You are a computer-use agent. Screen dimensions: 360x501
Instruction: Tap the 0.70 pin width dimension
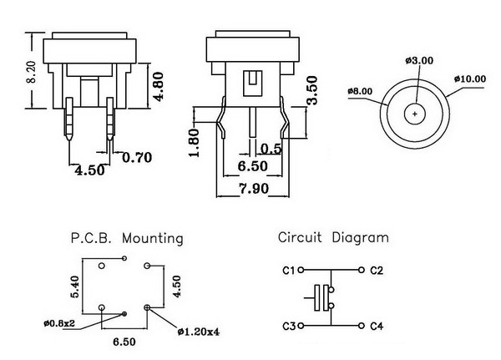[136, 157]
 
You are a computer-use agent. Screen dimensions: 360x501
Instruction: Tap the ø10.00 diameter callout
[469, 79]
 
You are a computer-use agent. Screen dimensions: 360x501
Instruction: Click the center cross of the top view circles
[415, 112]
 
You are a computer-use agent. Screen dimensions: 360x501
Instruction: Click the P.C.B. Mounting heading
[128, 238]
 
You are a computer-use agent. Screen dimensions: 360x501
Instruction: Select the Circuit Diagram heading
[333, 237]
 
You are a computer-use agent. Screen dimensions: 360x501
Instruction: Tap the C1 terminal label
[289, 271]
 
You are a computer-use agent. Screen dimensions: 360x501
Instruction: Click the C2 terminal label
[376, 271]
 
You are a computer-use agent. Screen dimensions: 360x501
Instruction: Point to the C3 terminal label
[289, 326]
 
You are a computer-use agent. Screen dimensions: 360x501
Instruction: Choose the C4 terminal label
[376, 326]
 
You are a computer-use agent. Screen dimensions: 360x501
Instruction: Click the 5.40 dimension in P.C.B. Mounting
[74, 287]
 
